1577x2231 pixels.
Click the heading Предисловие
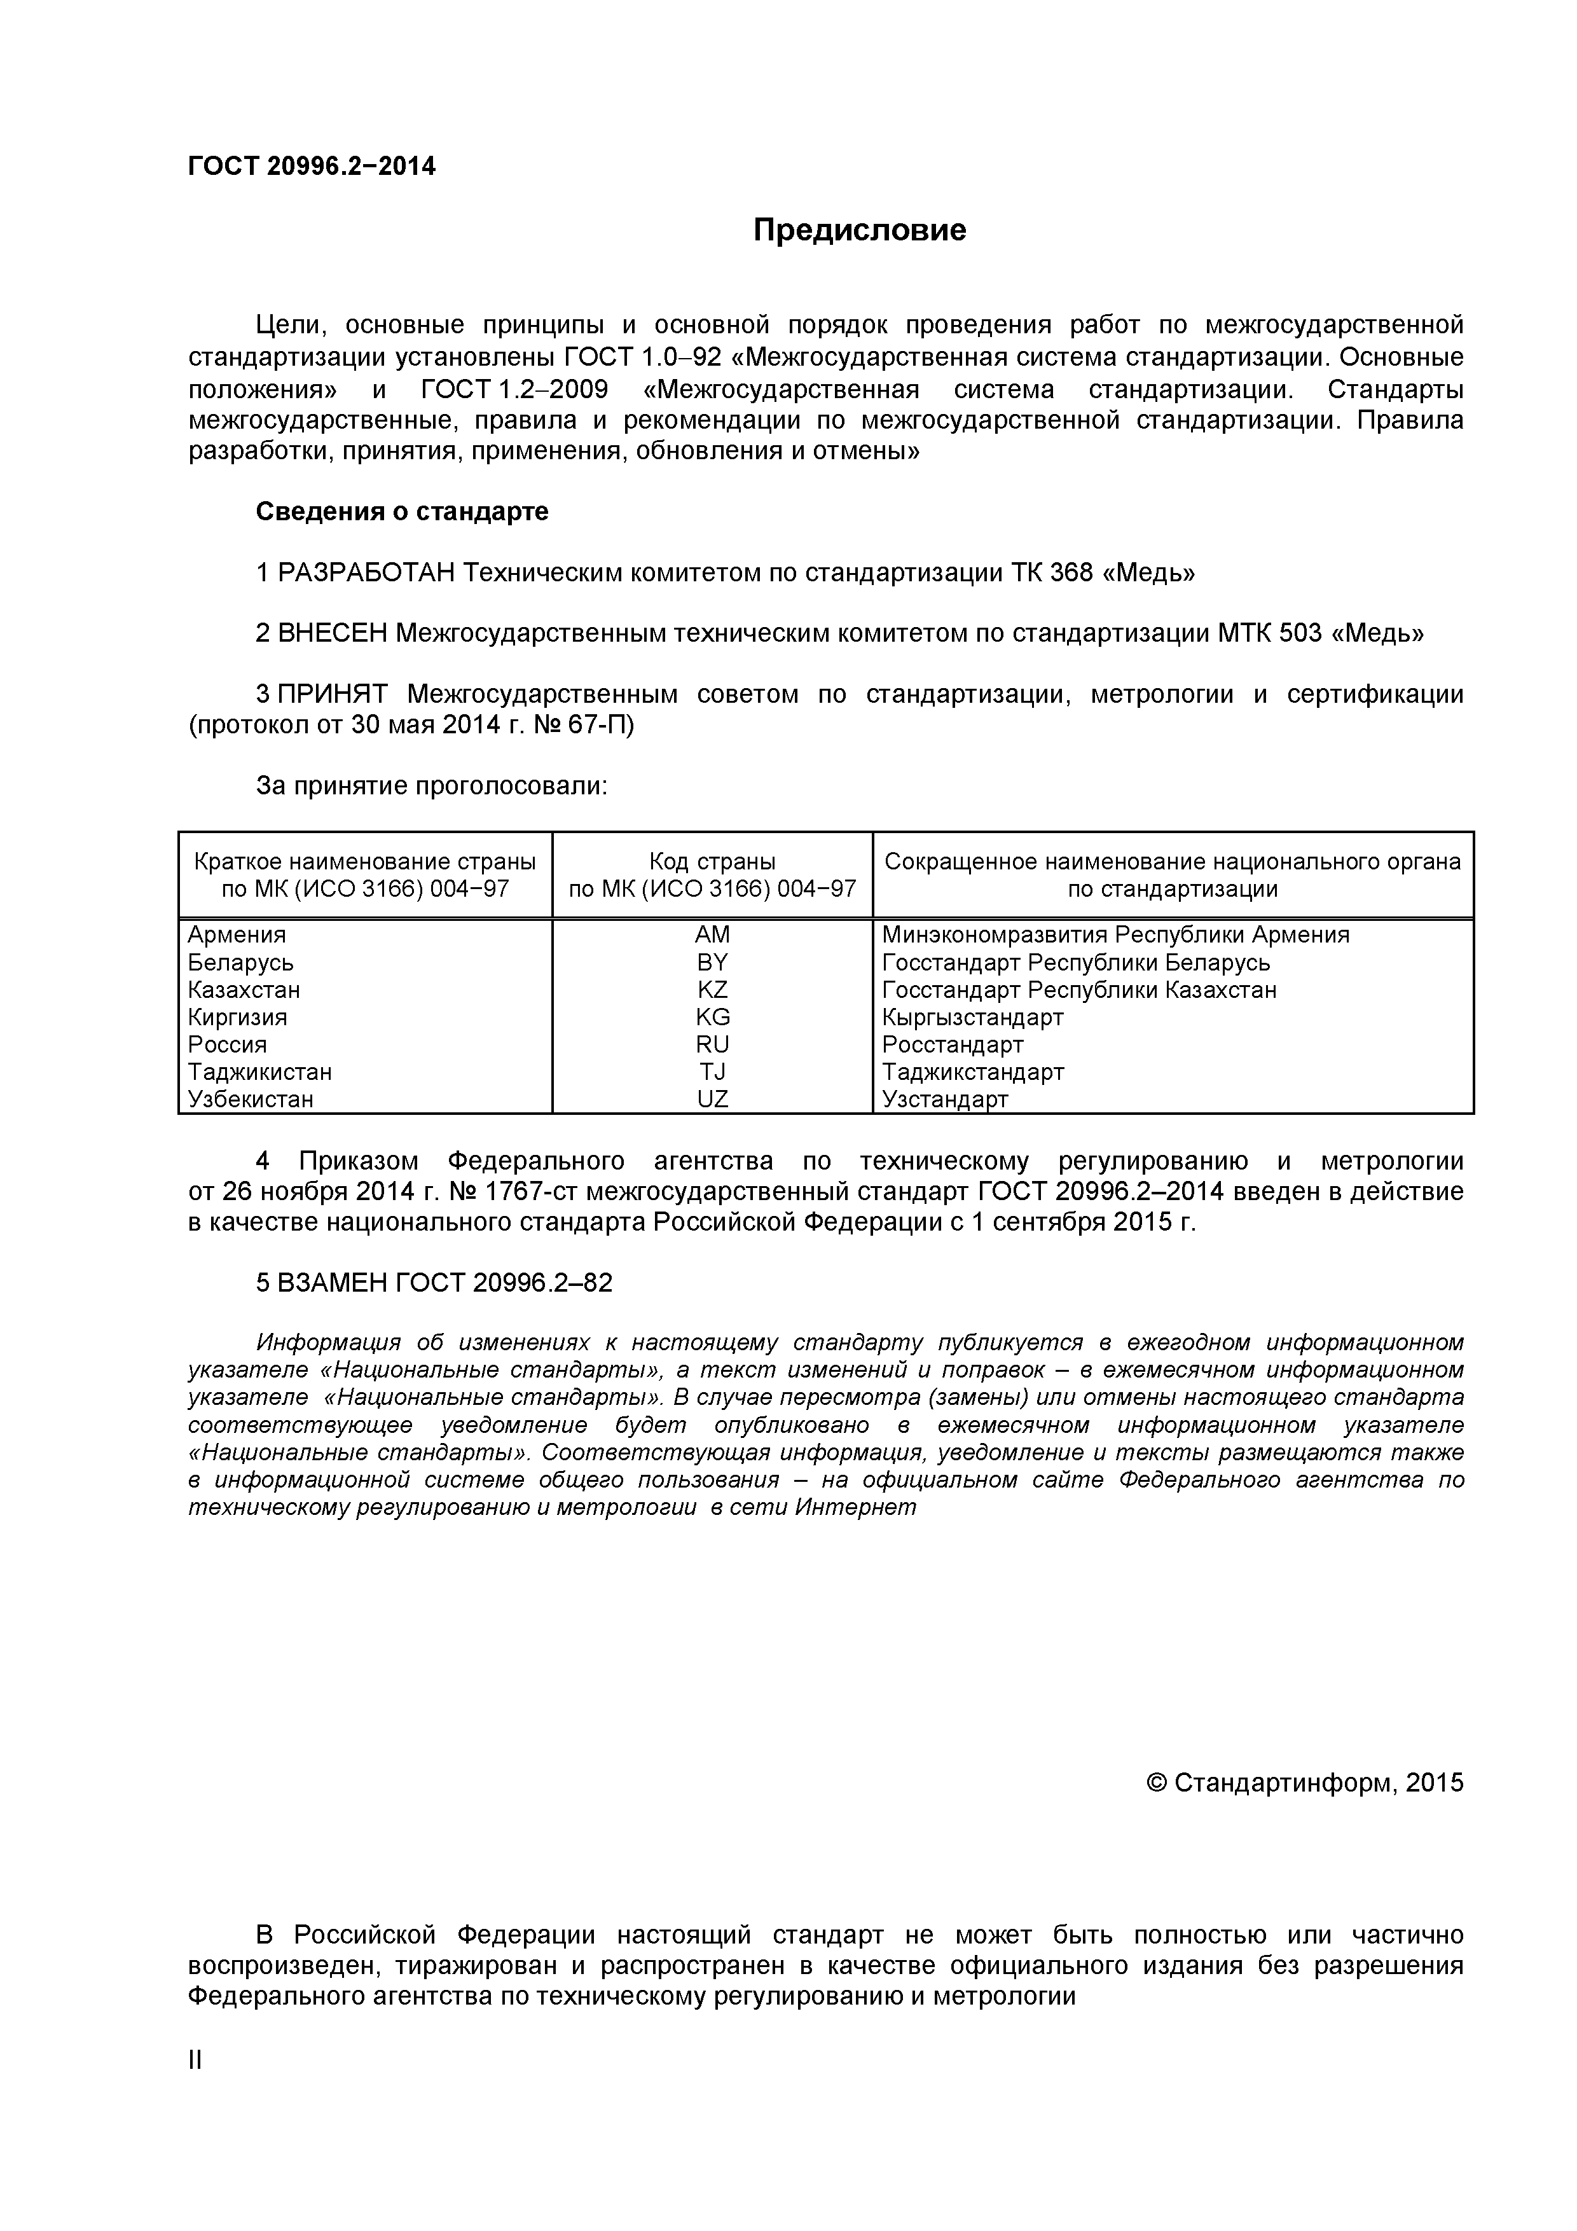point(860,230)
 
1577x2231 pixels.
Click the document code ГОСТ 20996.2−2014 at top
point(312,167)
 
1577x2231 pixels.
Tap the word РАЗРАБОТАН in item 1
point(366,573)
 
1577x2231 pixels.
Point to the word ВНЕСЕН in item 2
point(333,633)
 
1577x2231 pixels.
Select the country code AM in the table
point(712,935)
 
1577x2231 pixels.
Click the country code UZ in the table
point(712,1099)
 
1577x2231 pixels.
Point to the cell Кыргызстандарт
point(973,1018)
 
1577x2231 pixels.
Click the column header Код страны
point(712,862)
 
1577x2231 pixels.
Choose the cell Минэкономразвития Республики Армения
point(1115,935)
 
